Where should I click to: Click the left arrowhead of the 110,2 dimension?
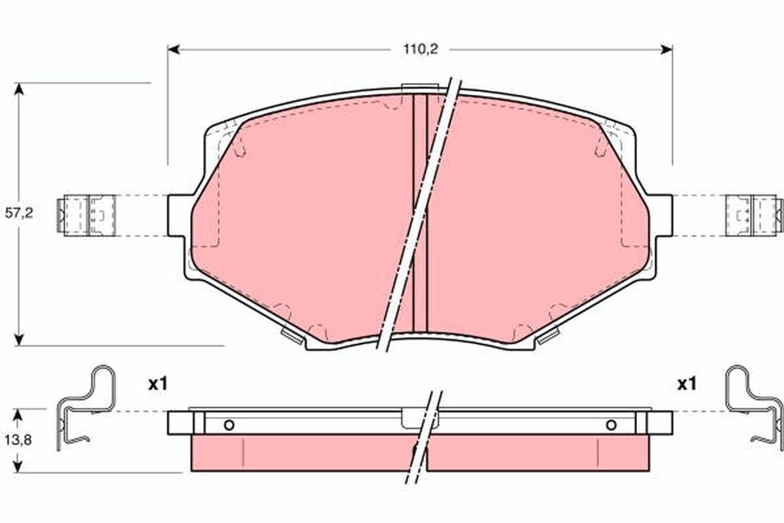click(x=173, y=49)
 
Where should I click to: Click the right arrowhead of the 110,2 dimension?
click(x=667, y=49)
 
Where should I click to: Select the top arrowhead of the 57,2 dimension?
click(x=19, y=89)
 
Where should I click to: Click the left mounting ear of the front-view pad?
click(x=180, y=214)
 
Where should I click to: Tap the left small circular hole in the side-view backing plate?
click(x=229, y=426)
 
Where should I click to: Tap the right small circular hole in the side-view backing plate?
click(x=611, y=426)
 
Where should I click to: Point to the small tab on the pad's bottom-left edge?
click(x=292, y=337)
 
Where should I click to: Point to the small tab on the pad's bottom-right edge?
click(x=547, y=337)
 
